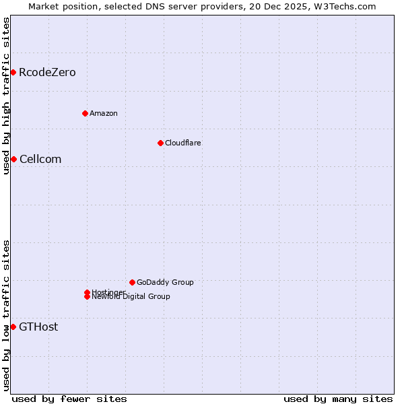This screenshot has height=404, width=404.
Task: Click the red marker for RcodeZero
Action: [13, 72]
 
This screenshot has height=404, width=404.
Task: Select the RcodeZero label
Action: [47, 73]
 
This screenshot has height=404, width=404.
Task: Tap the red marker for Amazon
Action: [85, 113]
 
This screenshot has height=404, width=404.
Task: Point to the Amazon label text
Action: [104, 113]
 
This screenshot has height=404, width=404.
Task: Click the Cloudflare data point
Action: [160, 143]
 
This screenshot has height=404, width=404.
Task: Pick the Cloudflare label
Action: [183, 143]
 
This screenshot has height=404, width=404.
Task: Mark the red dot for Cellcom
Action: [13, 159]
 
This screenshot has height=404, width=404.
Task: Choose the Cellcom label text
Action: [40, 160]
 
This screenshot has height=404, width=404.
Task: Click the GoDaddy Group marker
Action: [132, 282]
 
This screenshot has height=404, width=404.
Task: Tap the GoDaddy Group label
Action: [165, 282]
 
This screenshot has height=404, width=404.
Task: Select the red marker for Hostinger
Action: [87, 292]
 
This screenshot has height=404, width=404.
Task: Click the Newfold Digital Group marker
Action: [87, 296]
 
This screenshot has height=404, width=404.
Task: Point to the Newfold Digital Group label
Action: [131, 297]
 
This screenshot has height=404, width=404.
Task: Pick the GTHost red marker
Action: [13, 327]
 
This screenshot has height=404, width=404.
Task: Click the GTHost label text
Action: [38, 327]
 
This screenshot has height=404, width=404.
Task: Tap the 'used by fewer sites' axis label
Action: [69, 399]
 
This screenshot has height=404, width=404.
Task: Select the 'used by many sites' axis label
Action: [338, 399]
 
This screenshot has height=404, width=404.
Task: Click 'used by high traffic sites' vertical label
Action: [6, 96]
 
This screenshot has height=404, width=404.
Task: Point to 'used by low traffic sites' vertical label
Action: [6, 315]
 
